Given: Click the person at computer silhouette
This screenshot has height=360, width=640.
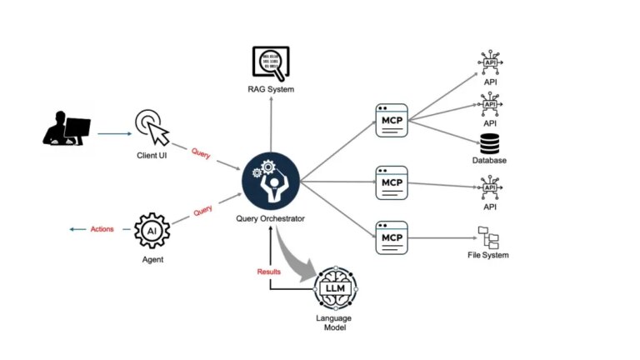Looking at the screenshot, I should tap(67, 130).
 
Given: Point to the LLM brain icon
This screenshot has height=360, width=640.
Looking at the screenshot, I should tap(334, 288).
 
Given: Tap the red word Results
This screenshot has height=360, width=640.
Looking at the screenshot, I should tap(270, 272).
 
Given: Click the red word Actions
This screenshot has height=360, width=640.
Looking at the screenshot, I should tap(102, 229).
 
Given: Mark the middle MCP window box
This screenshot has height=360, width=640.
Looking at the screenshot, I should tap(391, 181).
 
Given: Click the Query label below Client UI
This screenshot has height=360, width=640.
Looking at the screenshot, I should tap(201, 153).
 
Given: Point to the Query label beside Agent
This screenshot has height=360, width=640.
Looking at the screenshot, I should tap(202, 212).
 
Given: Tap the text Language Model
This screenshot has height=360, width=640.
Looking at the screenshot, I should tap(333, 322).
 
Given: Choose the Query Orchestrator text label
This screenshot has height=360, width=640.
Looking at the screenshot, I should tap(270, 219).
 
